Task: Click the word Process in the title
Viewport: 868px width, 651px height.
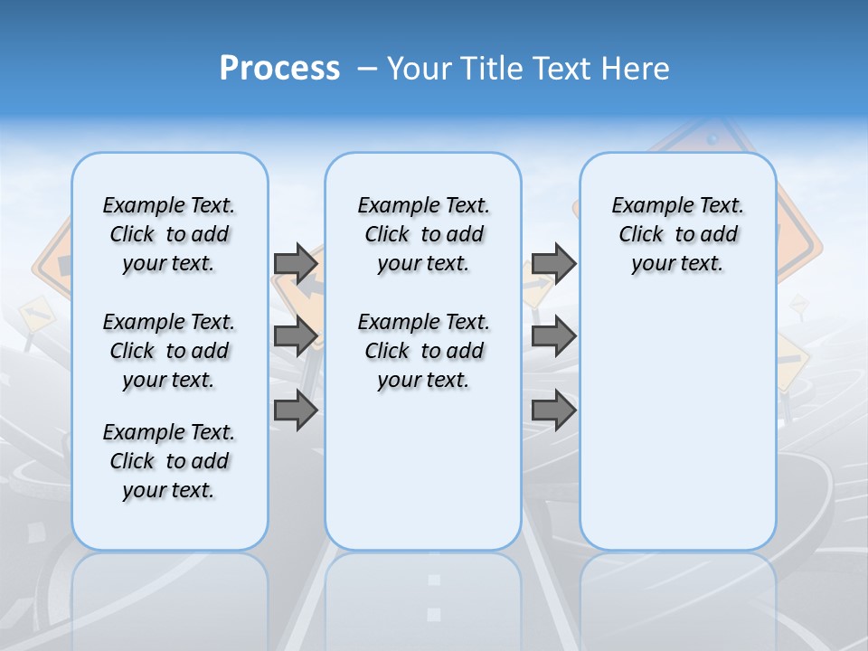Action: point(279,68)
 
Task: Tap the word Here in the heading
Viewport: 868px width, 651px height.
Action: point(636,69)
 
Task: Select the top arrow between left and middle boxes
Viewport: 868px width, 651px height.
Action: point(296,263)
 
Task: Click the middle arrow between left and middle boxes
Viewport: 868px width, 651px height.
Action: point(296,336)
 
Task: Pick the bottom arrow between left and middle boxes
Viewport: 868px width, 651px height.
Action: point(296,410)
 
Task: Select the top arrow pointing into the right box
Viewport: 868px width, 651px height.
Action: point(553,263)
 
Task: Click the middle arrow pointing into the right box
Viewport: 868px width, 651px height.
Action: point(553,336)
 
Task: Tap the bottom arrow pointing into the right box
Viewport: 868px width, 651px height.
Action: point(553,410)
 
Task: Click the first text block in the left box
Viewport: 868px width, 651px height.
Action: point(169,234)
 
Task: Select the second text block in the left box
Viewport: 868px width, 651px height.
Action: point(169,351)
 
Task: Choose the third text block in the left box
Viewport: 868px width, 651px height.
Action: point(169,461)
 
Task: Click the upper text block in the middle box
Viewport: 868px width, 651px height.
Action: point(423,234)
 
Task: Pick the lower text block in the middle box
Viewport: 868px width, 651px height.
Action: point(423,351)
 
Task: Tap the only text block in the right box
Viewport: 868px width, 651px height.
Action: point(677,234)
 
